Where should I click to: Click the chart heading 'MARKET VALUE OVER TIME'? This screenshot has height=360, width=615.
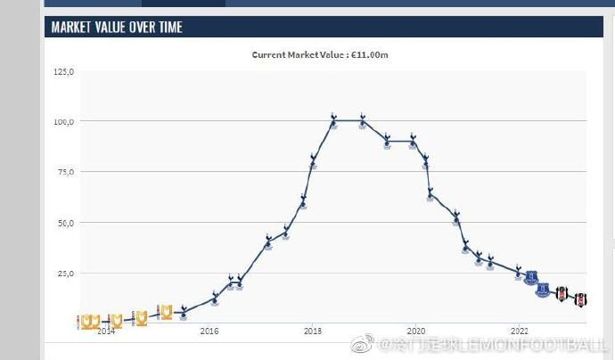[x=117, y=28]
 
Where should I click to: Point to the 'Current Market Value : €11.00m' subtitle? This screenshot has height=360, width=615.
[x=320, y=54]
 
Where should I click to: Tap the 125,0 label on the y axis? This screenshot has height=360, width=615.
[x=64, y=71]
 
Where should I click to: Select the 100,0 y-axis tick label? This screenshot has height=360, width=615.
[x=64, y=121]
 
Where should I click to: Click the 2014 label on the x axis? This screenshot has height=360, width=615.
[x=105, y=331]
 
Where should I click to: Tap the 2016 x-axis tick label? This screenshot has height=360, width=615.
[x=209, y=331]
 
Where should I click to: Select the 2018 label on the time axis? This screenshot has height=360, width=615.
[x=313, y=331]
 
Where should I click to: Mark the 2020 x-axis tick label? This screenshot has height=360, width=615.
[x=416, y=331]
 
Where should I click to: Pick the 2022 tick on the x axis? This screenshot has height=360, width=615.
[x=520, y=331]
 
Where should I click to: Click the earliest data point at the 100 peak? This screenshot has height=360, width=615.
[x=333, y=120]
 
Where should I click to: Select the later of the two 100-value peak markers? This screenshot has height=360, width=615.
[x=363, y=120]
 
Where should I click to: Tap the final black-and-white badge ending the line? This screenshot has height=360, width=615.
[x=581, y=299]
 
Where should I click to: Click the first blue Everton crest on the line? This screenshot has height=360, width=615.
[x=532, y=278]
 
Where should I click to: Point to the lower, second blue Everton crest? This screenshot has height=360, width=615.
[x=543, y=290]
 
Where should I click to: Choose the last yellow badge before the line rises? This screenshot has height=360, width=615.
[x=166, y=311]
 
